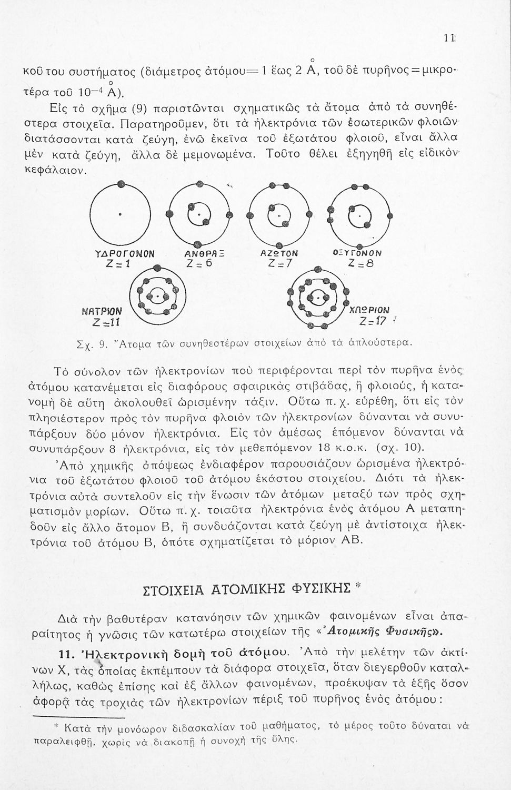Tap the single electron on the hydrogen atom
(121, 184)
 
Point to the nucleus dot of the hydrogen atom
(121, 214)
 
